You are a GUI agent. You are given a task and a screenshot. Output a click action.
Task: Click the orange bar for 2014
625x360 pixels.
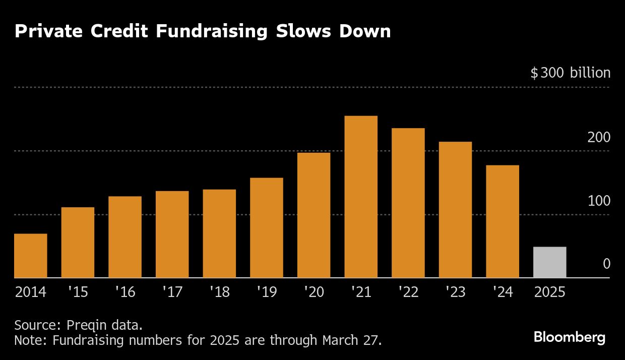coord(30,256)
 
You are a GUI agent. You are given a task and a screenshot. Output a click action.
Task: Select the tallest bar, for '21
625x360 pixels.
coord(361,197)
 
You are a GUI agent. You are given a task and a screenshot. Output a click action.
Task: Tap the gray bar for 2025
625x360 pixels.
coord(550,262)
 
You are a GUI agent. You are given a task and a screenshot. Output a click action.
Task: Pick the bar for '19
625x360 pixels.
coord(266,227)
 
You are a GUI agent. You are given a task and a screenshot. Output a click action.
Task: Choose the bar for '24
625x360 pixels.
coord(503,221)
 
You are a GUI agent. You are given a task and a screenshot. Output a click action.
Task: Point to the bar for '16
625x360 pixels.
coord(124,237)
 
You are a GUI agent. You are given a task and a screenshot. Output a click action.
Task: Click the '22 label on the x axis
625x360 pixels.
coord(408,292)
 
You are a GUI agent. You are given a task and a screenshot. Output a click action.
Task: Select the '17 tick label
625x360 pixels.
coord(172,292)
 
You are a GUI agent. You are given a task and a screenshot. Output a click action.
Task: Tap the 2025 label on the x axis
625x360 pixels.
coord(550,292)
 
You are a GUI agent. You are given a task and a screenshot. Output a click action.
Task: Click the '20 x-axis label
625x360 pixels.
coord(314,292)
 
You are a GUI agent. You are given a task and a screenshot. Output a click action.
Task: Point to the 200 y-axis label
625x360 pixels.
coord(599,137)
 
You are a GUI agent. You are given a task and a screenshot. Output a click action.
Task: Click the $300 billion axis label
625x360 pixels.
coord(570,73)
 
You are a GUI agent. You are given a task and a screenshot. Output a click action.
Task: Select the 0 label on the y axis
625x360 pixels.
coord(606,264)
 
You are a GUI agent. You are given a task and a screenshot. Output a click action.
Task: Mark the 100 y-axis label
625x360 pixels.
coord(599,201)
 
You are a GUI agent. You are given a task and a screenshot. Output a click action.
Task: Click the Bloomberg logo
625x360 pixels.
coord(570,337)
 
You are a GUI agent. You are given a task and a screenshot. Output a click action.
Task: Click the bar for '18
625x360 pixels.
coord(219,233)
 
